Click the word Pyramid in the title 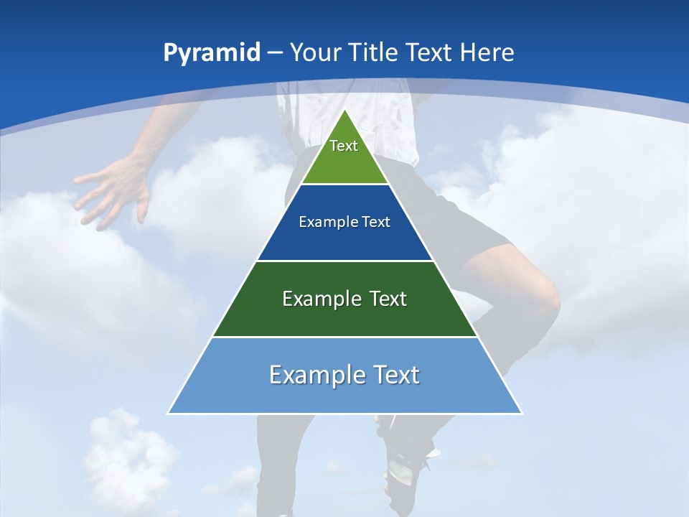[x=212, y=53]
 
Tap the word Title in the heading [x=373, y=53]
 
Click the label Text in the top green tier [x=344, y=146]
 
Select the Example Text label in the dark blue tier [x=344, y=222]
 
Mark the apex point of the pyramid [x=345, y=109]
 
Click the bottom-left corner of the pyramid [x=169, y=413]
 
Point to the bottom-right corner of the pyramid [x=522, y=413]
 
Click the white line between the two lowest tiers [x=344, y=337]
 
